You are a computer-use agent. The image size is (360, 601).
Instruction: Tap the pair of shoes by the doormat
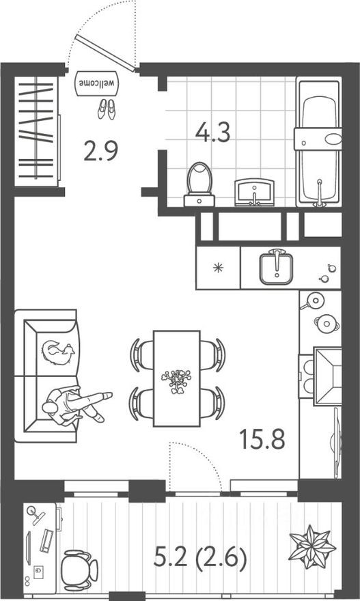[106, 109]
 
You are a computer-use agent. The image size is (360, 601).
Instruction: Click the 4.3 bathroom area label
[212, 131]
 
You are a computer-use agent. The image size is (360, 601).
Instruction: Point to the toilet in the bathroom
[199, 183]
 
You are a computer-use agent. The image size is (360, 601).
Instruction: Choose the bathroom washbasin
[254, 192]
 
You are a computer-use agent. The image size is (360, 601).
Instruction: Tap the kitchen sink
[277, 267]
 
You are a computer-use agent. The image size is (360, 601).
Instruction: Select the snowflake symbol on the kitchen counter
[218, 267]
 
